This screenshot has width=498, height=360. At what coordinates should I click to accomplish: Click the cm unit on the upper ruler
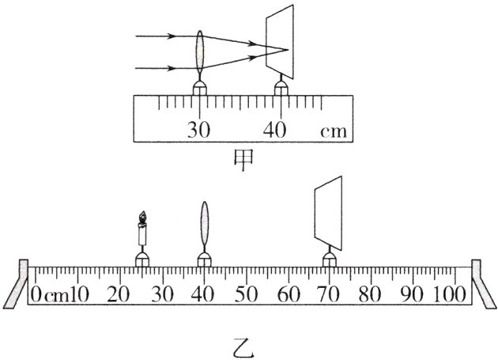pos(333,130)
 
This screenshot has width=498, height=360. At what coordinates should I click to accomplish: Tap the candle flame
pos(142,216)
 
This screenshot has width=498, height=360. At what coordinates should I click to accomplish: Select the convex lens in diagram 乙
pos(205,226)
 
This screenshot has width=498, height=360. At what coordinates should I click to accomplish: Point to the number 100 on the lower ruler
pos(450,294)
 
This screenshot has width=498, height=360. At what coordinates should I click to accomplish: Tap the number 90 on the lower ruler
pos(410,294)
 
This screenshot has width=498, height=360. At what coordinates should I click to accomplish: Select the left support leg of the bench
pos(18,285)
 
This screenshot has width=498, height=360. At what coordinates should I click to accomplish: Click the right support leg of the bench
pos(481,285)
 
